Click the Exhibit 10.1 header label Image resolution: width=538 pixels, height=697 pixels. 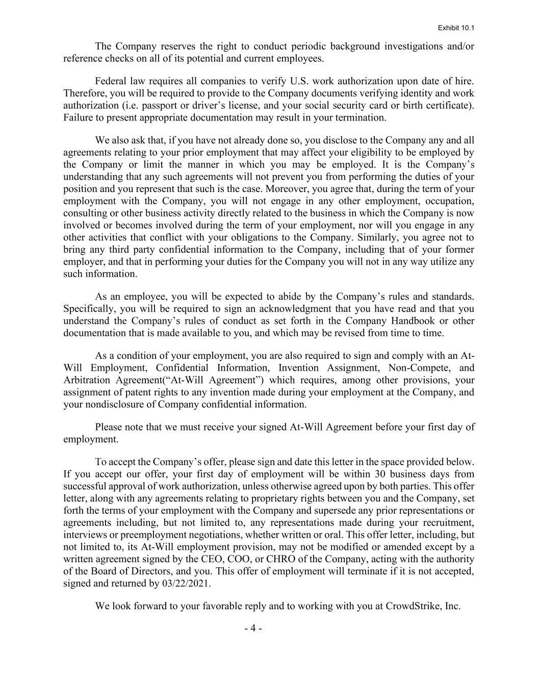[455, 28]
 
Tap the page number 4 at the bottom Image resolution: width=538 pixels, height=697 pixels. [253, 629]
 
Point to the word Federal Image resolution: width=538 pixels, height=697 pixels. [111, 81]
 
